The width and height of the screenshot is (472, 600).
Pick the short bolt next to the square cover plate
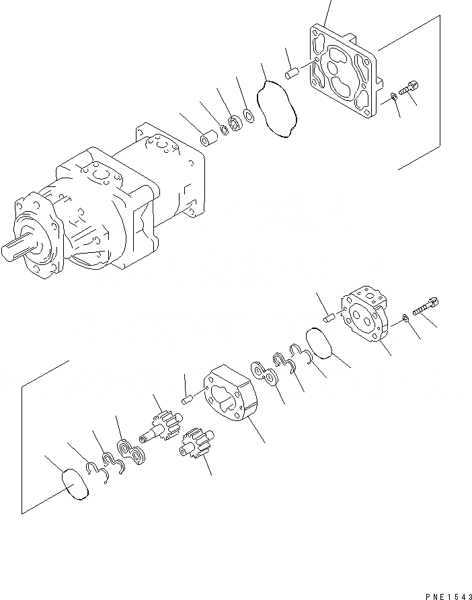coord(408,89)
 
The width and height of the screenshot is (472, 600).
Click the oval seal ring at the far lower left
coord(75,485)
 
